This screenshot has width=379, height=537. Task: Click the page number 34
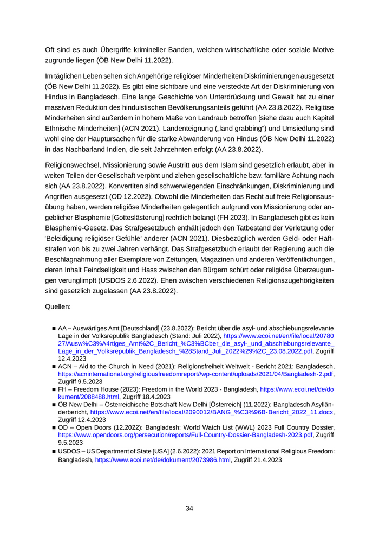[190, 508]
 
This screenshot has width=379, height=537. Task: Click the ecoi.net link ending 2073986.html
[163, 460]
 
